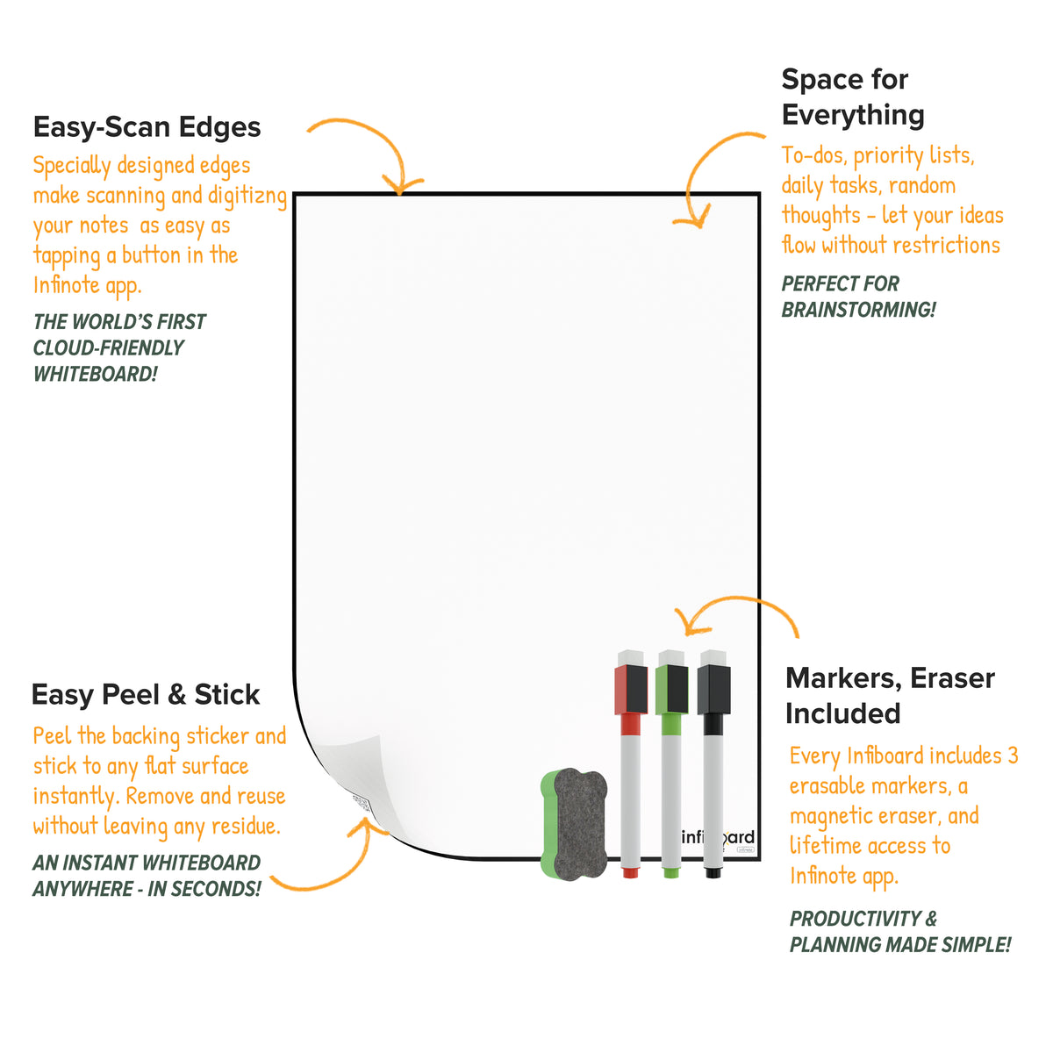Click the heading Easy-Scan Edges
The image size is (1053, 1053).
click(147, 126)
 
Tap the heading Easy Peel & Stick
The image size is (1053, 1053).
click(146, 694)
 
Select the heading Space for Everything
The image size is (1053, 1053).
click(853, 97)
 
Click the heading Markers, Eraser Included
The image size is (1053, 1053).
click(890, 696)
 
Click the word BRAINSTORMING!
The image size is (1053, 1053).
click(858, 310)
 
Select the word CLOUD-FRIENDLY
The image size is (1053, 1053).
click(108, 347)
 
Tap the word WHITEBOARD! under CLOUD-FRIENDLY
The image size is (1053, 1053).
click(95, 375)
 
